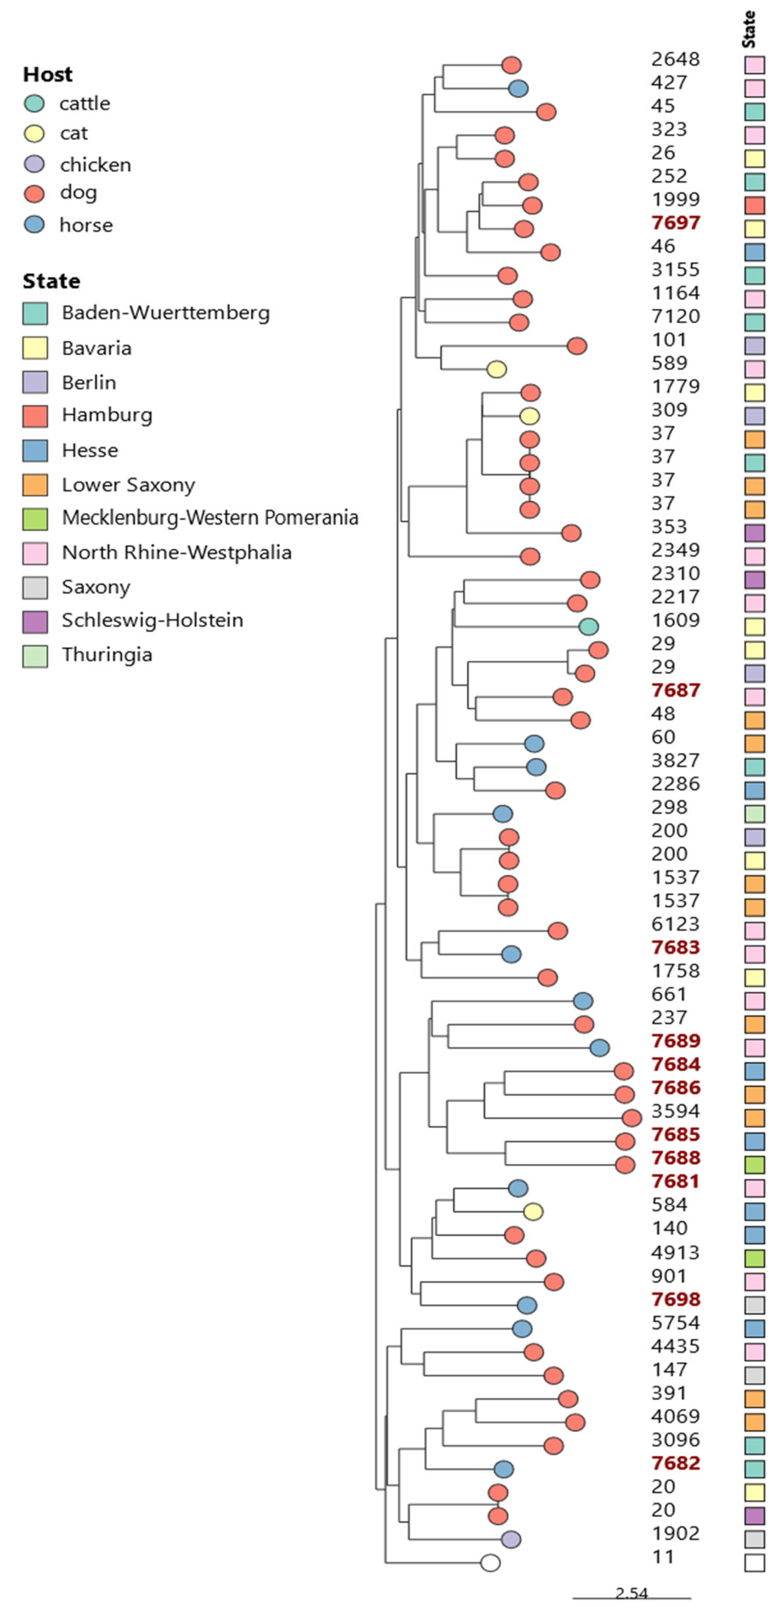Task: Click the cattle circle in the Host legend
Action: tap(34, 104)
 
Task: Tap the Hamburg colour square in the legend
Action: tap(35, 416)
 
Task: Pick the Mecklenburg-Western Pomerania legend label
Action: tap(210, 517)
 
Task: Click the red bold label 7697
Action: tap(675, 222)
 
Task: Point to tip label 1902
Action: tap(675, 1533)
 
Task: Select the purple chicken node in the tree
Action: tap(511, 1539)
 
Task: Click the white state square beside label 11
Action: tap(754, 1563)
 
